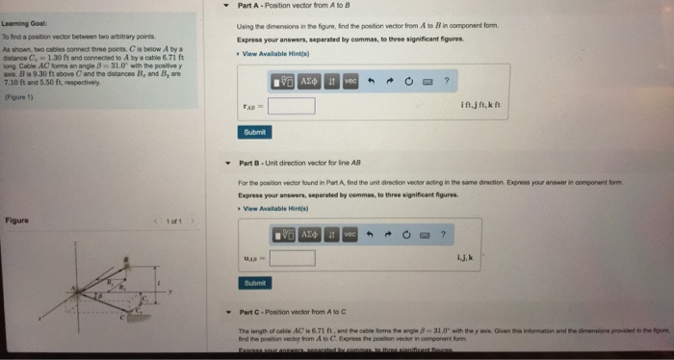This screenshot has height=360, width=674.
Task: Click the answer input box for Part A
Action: pyautogui.click(x=291, y=105)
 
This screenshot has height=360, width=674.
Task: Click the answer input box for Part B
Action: pyautogui.click(x=291, y=256)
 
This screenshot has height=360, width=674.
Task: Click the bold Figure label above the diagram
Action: pyautogui.click(x=16, y=219)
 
